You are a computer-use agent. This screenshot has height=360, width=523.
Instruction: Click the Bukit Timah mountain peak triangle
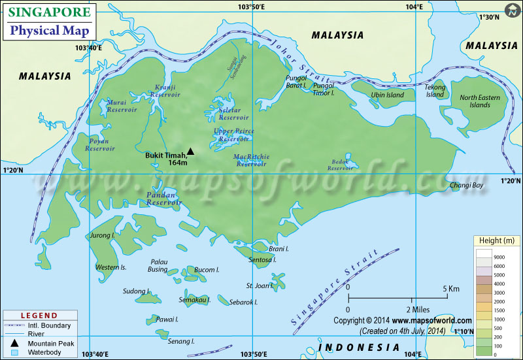[x=190, y=152]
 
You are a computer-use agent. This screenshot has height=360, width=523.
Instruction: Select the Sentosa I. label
[x=263, y=259]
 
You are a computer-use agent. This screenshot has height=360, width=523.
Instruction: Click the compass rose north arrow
[x=511, y=11]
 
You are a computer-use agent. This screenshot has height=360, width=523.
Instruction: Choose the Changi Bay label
[x=467, y=186]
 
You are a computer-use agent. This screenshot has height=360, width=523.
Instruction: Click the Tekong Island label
[x=435, y=91]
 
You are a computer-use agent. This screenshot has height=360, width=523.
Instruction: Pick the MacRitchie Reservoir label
[x=251, y=160]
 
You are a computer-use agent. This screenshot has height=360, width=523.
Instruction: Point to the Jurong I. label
[x=103, y=235]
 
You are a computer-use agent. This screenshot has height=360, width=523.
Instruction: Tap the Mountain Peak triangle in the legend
[x=14, y=343]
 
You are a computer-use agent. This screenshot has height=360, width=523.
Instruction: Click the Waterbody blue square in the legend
[x=14, y=353]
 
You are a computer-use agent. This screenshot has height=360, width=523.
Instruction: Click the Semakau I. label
[x=194, y=300]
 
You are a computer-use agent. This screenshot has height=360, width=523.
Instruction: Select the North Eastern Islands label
[x=479, y=101]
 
